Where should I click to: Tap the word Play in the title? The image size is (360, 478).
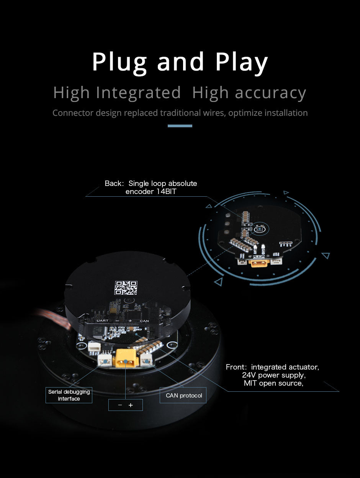coord(242,63)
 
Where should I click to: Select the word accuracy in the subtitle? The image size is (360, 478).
coord(271,93)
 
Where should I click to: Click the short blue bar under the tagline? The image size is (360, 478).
coord(180,126)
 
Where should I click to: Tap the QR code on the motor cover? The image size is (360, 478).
coord(126,287)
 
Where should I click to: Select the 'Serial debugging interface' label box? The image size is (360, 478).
coord(69,395)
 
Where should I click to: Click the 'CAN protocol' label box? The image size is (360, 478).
coord(183,395)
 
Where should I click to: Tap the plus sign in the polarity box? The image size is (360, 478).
coord(131,405)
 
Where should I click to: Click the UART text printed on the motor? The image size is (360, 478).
coord(102,320)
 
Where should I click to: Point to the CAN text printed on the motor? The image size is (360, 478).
coord(144,321)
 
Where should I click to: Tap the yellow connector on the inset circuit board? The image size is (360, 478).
coord(259,263)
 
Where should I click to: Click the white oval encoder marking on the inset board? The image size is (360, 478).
coord(259,229)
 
